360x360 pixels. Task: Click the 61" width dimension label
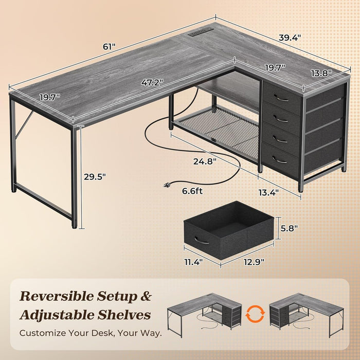(x=109, y=46)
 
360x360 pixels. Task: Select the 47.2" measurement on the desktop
(x=153, y=82)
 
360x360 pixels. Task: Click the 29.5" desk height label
(x=95, y=176)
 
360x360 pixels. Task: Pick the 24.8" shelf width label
(x=205, y=161)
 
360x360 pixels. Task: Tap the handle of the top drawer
(x=280, y=98)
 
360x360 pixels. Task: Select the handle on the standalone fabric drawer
(x=202, y=240)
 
